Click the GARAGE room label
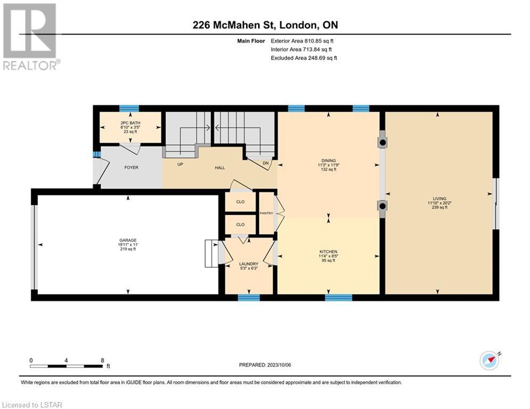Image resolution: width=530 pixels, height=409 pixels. pyautogui.click(x=128, y=240)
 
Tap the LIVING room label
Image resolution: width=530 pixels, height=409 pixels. pyautogui.click(x=439, y=199)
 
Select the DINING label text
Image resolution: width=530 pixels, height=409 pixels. pyautogui.click(x=329, y=160)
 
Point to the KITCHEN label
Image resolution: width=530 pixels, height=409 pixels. pyautogui.click(x=329, y=252)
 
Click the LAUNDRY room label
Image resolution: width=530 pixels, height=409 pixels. pyautogui.click(x=249, y=264)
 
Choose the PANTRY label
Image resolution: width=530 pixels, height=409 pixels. pyautogui.click(x=266, y=214)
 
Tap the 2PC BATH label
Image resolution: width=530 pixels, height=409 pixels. pyautogui.click(x=131, y=123)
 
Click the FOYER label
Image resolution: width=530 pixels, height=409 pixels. pyautogui.click(x=132, y=167)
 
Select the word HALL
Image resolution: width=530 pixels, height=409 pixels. pyautogui.click(x=219, y=168)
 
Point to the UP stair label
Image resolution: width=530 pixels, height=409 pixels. pyautogui.click(x=180, y=164)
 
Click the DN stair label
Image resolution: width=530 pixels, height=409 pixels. pyautogui.click(x=266, y=163)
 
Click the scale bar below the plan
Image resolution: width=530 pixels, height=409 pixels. pyautogui.click(x=66, y=366)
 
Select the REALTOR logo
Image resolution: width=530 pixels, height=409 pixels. pyautogui.click(x=30, y=37)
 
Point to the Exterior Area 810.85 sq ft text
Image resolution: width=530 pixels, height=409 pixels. pyautogui.click(x=302, y=41)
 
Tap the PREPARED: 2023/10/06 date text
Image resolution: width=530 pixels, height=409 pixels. pyautogui.click(x=265, y=365)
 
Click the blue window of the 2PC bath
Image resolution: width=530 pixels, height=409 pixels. pyautogui.click(x=129, y=109)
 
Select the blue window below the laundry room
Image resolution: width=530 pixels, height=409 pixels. pyautogui.click(x=249, y=298)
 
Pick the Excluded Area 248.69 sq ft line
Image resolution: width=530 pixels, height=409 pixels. pyautogui.click(x=304, y=58)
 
